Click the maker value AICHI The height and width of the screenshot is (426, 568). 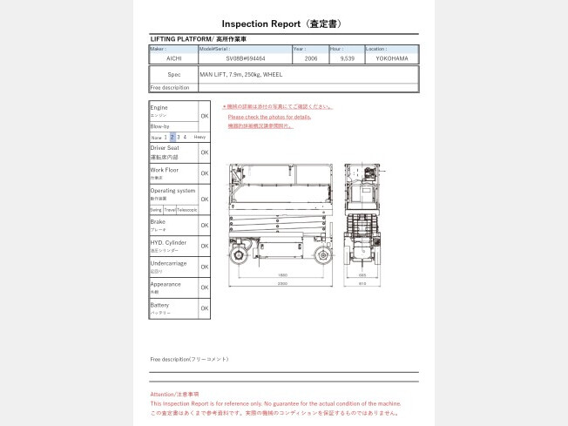(173, 57)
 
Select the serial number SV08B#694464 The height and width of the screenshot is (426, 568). (245, 57)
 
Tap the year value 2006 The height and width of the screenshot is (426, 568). (311, 57)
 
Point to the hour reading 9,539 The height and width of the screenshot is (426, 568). (347, 57)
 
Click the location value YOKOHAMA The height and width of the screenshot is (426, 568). (391, 57)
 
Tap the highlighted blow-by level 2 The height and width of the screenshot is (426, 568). (172, 137)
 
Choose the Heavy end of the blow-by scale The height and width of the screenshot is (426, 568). (199, 137)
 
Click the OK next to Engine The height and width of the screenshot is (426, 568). (204, 116)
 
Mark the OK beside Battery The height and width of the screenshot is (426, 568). (204, 308)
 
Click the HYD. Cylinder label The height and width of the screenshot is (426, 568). (169, 242)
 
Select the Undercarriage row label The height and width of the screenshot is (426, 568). (168, 263)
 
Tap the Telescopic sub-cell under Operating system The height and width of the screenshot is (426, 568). (187, 210)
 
